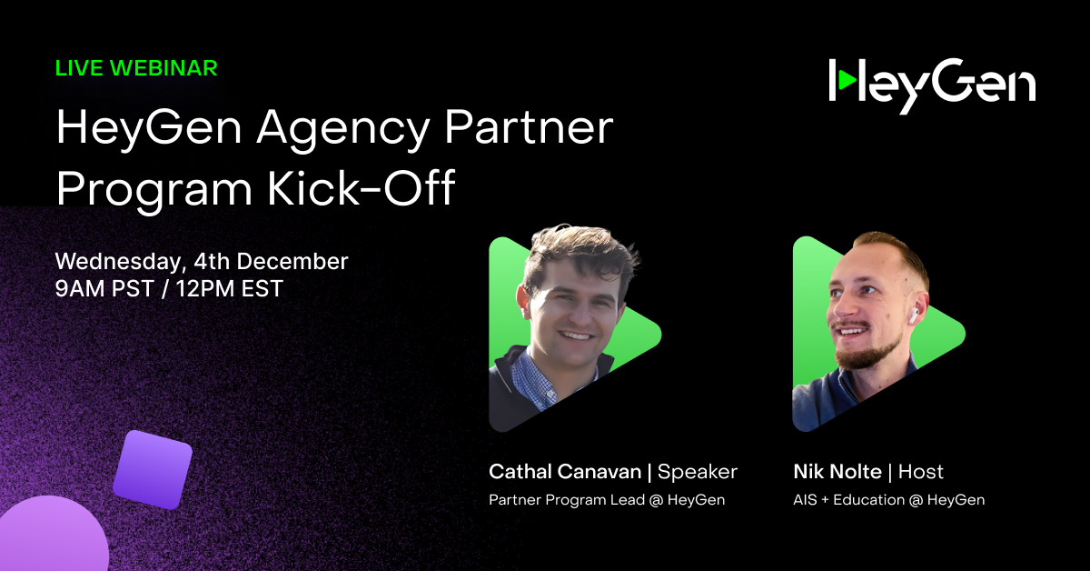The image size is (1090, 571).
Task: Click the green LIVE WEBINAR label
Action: [136, 68]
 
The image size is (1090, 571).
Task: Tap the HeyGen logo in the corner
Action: [932, 85]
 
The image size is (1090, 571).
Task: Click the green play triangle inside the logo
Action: [847, 81]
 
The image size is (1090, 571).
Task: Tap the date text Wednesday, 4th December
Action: [202, 262]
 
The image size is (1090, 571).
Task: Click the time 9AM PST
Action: [105, 290]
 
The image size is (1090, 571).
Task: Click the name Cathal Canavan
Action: [564, 472]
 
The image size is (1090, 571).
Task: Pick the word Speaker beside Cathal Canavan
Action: [698, 472]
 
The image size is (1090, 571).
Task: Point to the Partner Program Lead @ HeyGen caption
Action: [607, 500]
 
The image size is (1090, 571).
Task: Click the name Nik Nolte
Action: [836, 472]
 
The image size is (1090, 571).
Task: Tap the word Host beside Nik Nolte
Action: [921, 472]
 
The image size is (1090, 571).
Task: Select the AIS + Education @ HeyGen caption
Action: [888, 500]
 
